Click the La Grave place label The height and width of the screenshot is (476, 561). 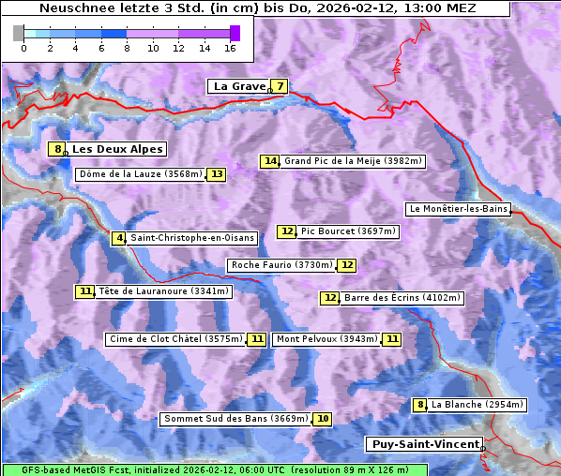coord(238,86)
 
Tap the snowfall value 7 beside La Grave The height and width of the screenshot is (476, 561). coord(280,86)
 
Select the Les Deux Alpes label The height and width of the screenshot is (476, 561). coord(117,149)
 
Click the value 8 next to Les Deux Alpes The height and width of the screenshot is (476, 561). coord(57,149)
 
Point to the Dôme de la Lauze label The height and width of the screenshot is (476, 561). coord(140,174)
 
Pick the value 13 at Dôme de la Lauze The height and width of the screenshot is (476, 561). coord(217,174)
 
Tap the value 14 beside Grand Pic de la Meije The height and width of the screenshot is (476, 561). coord(270,161)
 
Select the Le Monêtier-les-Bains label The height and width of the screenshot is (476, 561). coord(458,209)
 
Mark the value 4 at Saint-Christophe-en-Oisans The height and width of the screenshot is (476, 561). coord(118,238)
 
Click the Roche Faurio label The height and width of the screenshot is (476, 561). coord(281,265)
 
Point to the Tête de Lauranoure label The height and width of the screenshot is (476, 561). coord(163,291)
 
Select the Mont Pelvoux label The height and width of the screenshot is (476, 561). coord(326,339)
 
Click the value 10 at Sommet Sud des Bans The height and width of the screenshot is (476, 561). coord(323,419)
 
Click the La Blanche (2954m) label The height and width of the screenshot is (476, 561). coord(477,405)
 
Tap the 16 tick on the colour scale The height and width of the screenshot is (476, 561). coord(230,47)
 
